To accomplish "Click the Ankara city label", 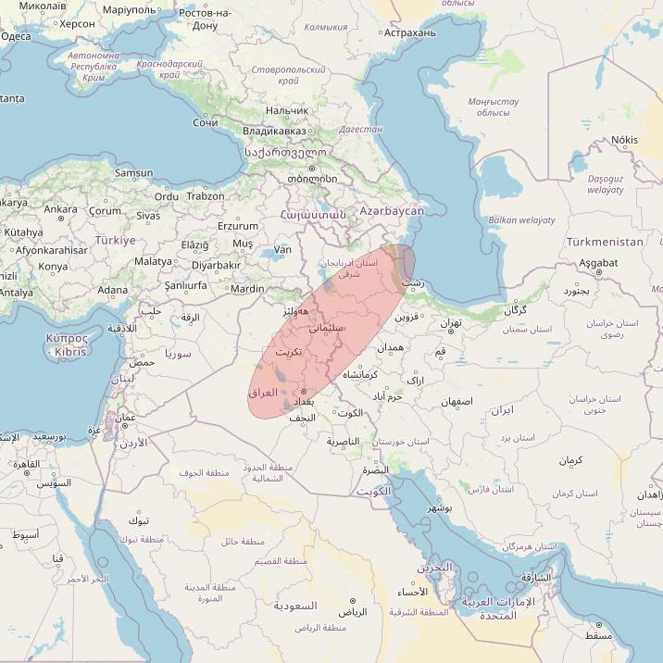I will point(61,209).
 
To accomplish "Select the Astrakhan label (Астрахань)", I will point(409,32).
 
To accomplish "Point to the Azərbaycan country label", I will point(393,211).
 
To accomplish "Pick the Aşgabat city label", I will point(597,263).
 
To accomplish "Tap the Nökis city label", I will point(625,140).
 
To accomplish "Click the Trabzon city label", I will point(205,196).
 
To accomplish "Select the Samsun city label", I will point(133,172).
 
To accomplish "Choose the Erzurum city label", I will point(238,226).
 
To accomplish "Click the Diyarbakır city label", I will point(215,265).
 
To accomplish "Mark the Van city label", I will point(282,250).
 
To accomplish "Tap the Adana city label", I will point(113,290).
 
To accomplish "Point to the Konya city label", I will point(53,267).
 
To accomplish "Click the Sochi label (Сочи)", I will point(206,122).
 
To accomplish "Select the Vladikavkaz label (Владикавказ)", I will point(273,131).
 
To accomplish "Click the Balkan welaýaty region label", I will point(521,220).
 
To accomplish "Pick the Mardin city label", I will point(247,289).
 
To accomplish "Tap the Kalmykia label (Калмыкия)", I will point(326,27).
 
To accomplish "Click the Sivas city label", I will point(148,216).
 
